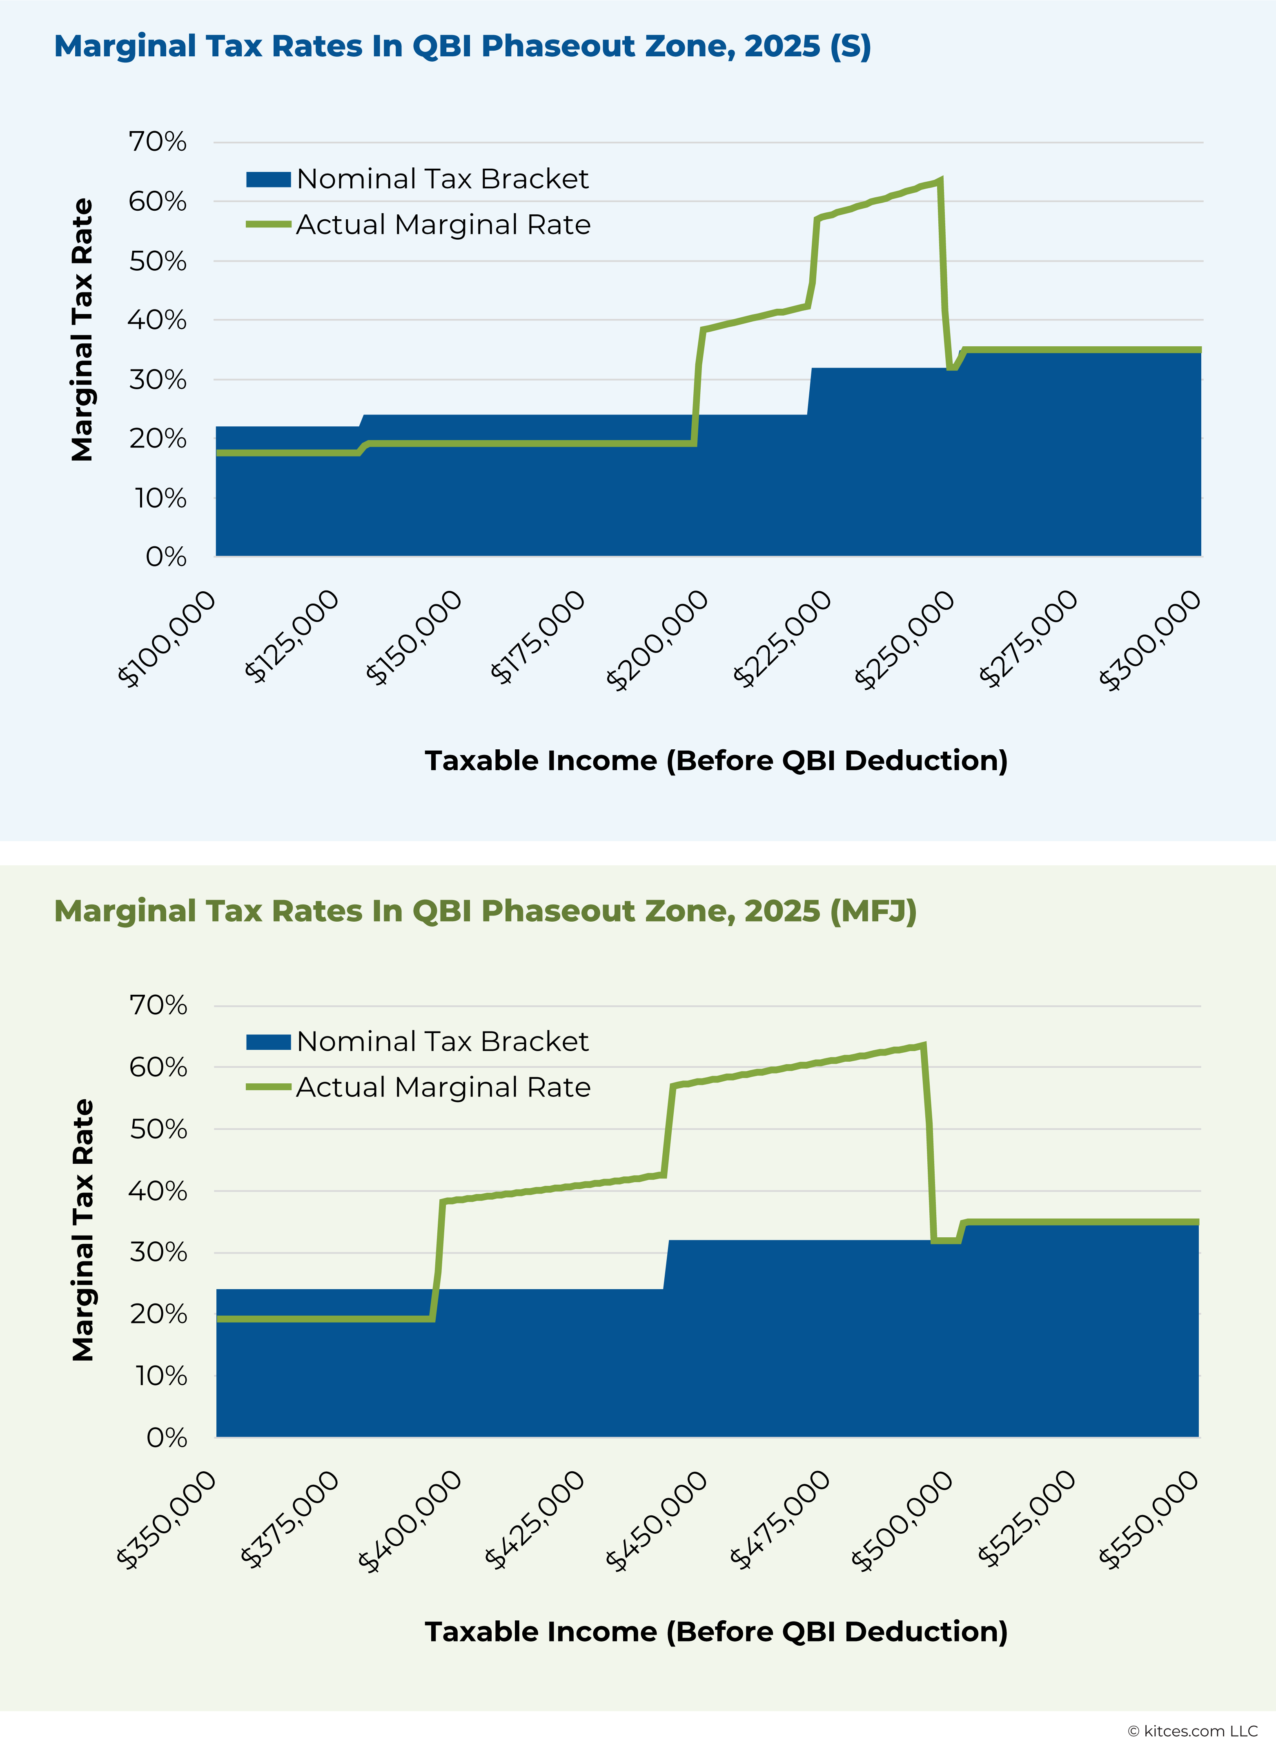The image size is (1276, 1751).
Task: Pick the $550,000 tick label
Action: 1149,1520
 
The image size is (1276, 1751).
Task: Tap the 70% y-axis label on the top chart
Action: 158,142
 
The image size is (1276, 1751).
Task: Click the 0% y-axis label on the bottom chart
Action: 167,1437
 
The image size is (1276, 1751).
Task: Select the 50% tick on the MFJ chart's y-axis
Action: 158,1129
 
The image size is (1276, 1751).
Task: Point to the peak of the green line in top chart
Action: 939,181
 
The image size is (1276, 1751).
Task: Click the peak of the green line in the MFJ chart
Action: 924,1046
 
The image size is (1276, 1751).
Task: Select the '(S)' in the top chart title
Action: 851,46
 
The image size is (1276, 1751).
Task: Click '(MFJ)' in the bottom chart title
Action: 873,911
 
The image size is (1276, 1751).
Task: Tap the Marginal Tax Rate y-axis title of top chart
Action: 82,331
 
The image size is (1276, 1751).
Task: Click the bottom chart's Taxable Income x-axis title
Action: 716,1632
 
